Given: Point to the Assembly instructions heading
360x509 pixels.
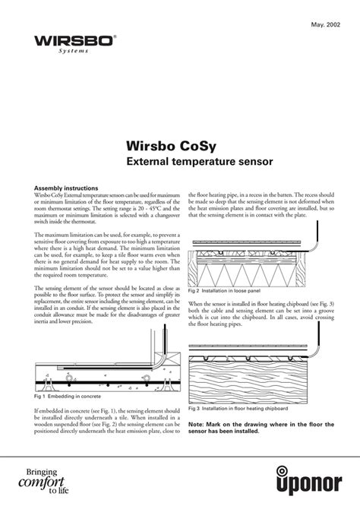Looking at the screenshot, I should coord(66,187).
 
